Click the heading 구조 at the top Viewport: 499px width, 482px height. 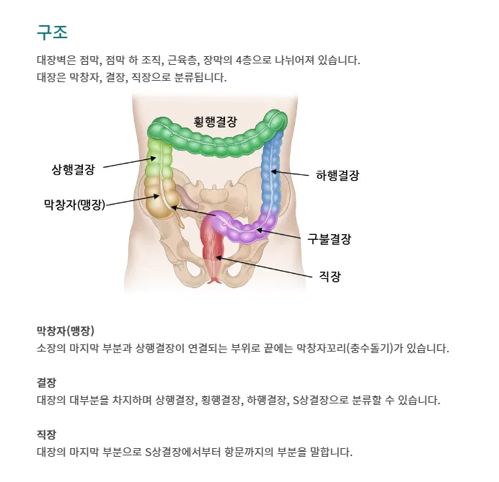[52, 32]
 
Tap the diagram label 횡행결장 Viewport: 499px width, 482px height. [215, 121]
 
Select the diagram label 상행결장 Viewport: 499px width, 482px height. [73, 169]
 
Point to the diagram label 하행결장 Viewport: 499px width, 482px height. [337, 174]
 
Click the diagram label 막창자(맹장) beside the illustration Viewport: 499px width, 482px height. [74, 205]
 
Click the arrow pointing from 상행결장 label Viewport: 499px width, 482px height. [127, 163]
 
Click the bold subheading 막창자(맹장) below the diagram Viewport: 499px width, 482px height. [65, 331]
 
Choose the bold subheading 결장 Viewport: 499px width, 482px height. [46, 383]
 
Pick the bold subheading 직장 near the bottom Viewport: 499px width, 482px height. [46, 434]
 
